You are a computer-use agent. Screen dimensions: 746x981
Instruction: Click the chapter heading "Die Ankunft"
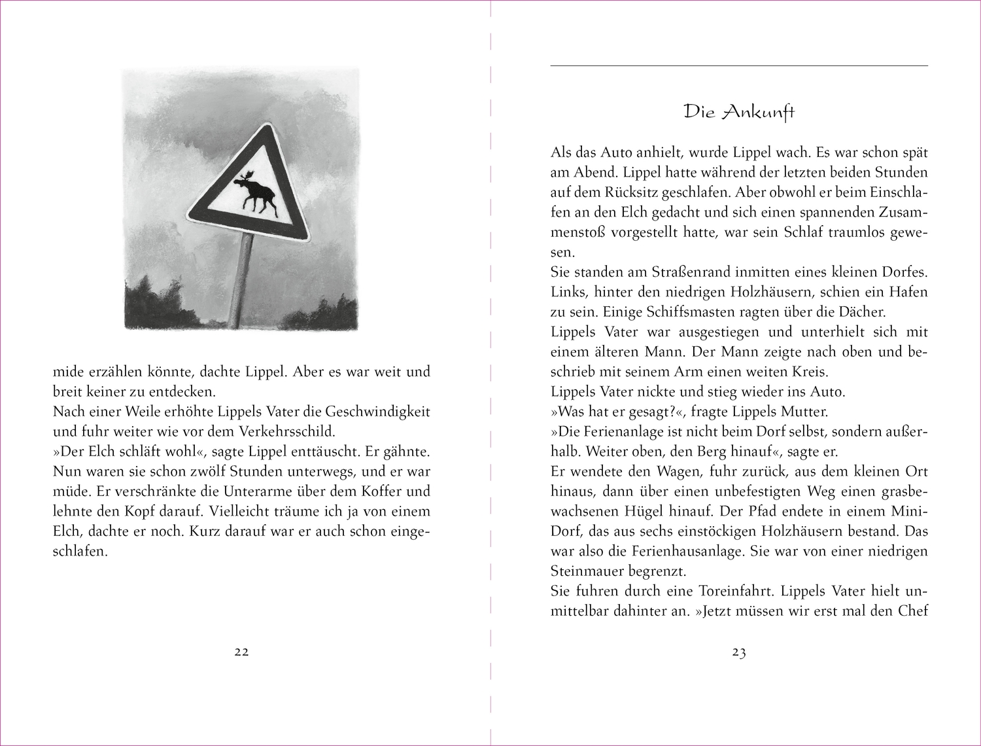739,112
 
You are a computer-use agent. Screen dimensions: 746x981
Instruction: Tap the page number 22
241,652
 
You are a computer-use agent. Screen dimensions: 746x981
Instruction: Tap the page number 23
739,652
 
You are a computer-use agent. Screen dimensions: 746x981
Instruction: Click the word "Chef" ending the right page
912,611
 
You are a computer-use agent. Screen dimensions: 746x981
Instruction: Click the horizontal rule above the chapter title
739,65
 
